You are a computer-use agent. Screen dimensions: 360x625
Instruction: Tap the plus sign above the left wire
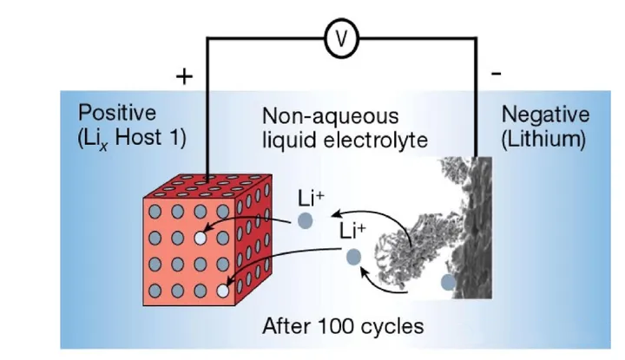183,77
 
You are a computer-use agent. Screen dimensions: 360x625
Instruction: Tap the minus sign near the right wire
496,75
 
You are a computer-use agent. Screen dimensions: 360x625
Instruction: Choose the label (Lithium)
543,138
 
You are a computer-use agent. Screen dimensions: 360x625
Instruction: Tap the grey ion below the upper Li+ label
305,220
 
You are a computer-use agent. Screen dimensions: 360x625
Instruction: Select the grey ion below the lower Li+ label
353,257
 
